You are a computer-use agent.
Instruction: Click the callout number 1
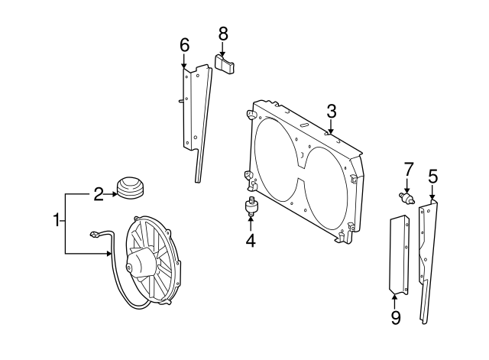pos(56,221)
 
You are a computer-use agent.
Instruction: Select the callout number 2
pos(98,194)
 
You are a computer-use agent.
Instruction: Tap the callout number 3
pos(332,111)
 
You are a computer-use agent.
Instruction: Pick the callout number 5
pos(432,177)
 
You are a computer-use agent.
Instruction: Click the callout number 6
pos(184,45)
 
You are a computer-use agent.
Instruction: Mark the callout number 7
pos(408,168)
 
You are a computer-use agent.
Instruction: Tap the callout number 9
pos(396,316)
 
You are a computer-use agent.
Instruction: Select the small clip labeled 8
pos(225,64)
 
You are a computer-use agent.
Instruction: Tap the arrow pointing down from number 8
pos(223,49)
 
